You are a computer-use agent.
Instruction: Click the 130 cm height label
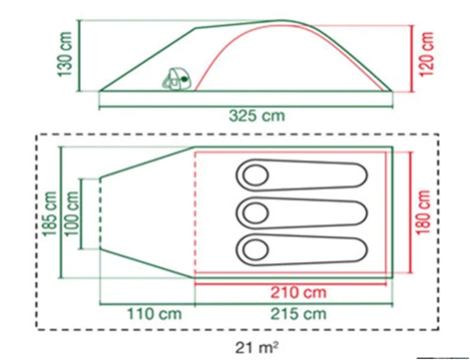coord(65,54)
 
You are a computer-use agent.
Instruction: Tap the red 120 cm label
coord(427,54)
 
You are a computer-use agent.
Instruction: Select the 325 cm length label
coord(257,116)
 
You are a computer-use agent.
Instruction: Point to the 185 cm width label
coord(50,213)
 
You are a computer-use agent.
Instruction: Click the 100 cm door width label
coord(71,213)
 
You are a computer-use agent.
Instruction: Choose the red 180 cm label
coord(423,211)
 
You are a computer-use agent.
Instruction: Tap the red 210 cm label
coord(298,292)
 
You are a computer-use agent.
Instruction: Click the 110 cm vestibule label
coord(154,314)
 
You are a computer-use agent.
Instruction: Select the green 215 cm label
coord(298,314)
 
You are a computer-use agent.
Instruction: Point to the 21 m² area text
coord(257,347)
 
